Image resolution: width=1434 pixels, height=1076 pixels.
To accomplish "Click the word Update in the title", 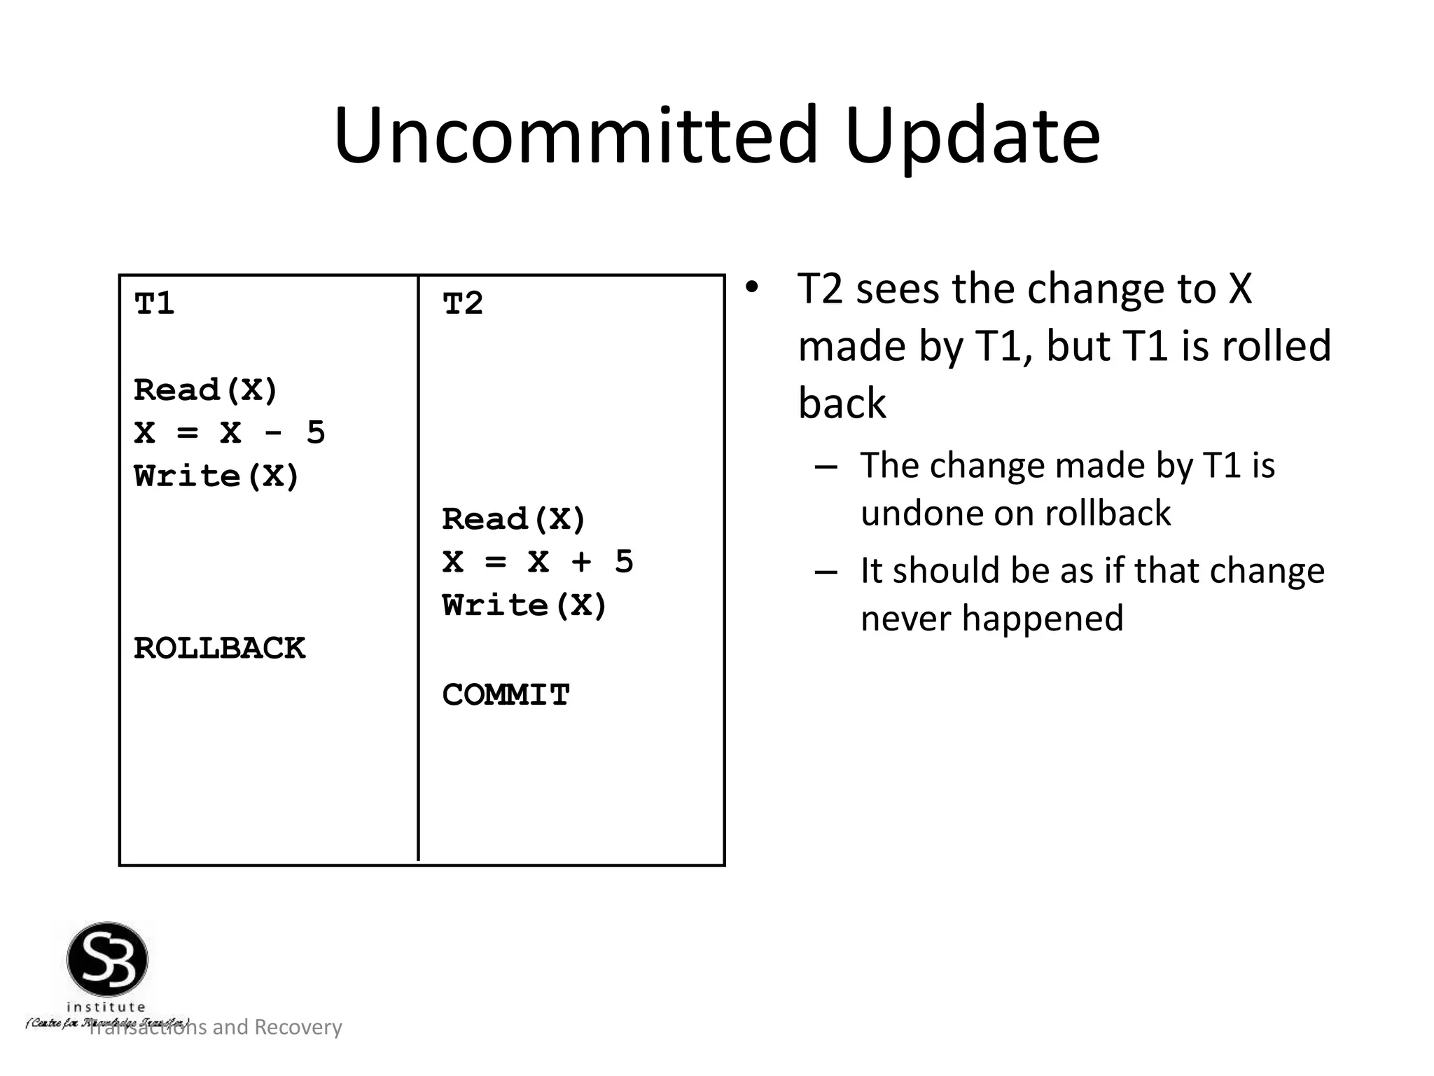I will tap(972, 137).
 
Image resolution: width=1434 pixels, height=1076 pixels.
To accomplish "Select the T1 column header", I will tap(155, 303).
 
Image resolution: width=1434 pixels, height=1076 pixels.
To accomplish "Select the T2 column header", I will tap(463, 303).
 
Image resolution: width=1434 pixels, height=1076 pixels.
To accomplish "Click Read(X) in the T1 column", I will tap(206, 390).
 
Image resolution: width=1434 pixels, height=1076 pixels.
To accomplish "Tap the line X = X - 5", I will tap(229, 433).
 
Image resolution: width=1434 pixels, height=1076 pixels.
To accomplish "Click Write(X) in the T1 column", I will tap(216, 476).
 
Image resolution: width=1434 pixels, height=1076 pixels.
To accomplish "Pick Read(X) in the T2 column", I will tap(513, 519).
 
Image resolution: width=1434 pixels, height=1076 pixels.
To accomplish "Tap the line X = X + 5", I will tap(537, 562).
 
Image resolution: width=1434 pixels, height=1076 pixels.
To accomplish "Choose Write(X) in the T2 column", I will tap(524, 605).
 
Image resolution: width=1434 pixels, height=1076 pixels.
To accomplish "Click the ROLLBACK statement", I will tap(219, 648).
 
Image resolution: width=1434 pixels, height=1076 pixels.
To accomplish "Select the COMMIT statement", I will tap(506, 695).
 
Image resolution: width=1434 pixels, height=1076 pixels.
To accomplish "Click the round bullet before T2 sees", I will tap(751, 288).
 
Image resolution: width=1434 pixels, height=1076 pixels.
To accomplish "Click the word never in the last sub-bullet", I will tap(905, 619).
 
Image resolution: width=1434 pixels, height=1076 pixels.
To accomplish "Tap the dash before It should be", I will tap(826, 571).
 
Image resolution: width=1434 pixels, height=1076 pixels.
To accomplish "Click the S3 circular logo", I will tap(107, 960).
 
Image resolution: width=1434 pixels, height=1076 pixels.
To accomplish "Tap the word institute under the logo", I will tap(106, 1007).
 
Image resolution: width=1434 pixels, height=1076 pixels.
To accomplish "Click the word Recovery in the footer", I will tap(298, 1027).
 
